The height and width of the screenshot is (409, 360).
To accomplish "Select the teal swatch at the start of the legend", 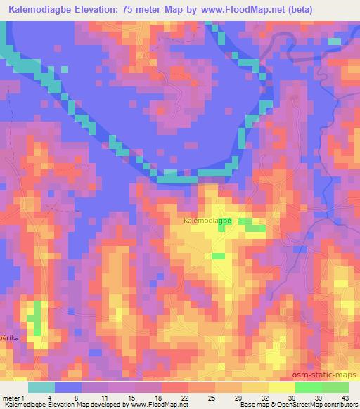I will (41, 387).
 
